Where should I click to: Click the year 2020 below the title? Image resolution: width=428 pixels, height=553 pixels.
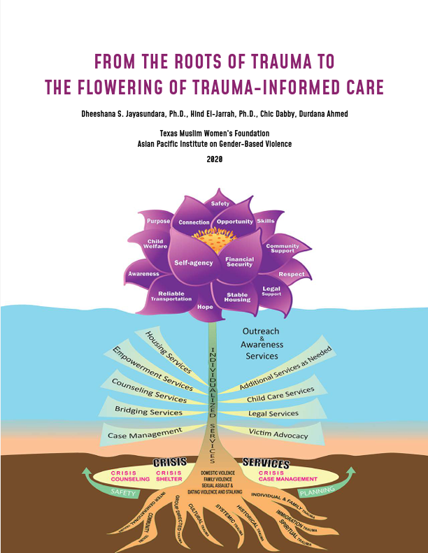click(x=214, y=159)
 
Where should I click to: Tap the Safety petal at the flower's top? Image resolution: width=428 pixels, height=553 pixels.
click(x=220, y=203)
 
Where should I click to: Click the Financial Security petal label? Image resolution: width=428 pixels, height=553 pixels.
click(x=239, y=261)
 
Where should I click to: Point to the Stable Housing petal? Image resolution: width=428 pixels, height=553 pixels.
click(x=236, y=297)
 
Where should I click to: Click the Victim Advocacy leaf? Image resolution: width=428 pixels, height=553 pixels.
click(x=278, y=435)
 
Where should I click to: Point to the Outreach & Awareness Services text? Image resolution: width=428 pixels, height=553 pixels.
click(x=262, y=344)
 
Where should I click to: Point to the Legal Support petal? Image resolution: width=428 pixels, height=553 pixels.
click(x=271, y=291)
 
